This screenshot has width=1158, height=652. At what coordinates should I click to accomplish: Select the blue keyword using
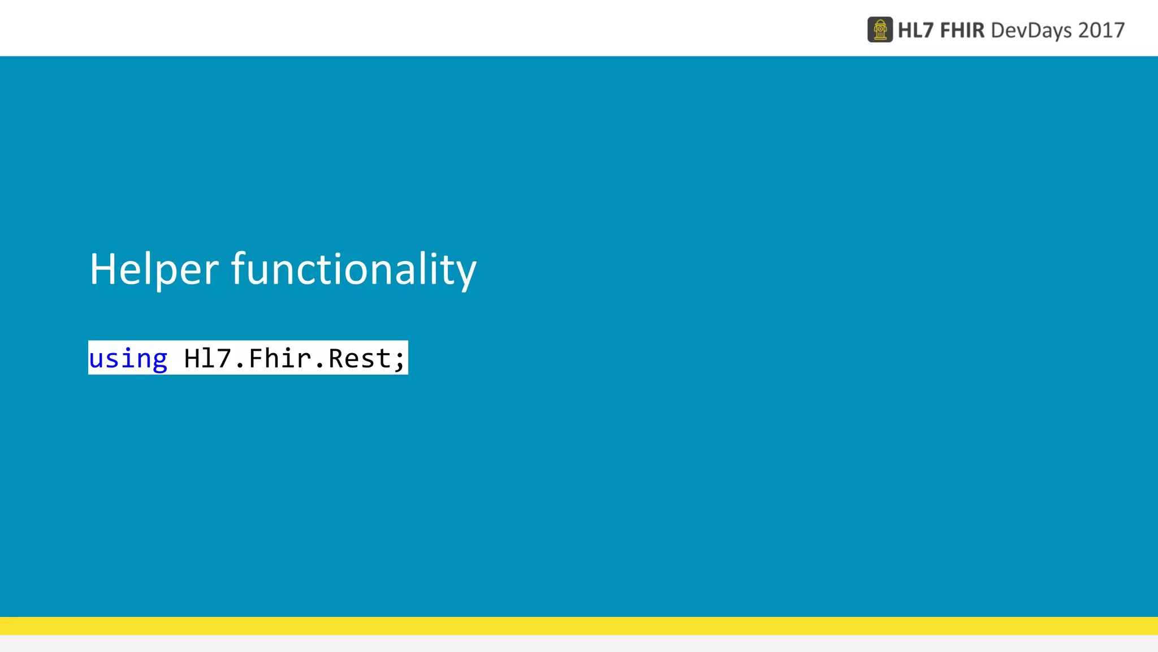tap(128, 359)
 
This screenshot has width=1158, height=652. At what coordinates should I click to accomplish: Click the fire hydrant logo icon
tap(880, 30)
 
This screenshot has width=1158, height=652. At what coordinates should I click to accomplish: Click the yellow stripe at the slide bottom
tap(579, 625)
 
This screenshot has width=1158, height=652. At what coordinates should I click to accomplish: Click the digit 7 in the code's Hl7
tap(224, 359)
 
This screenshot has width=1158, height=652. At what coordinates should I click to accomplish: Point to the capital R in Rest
tap(336, 359)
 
